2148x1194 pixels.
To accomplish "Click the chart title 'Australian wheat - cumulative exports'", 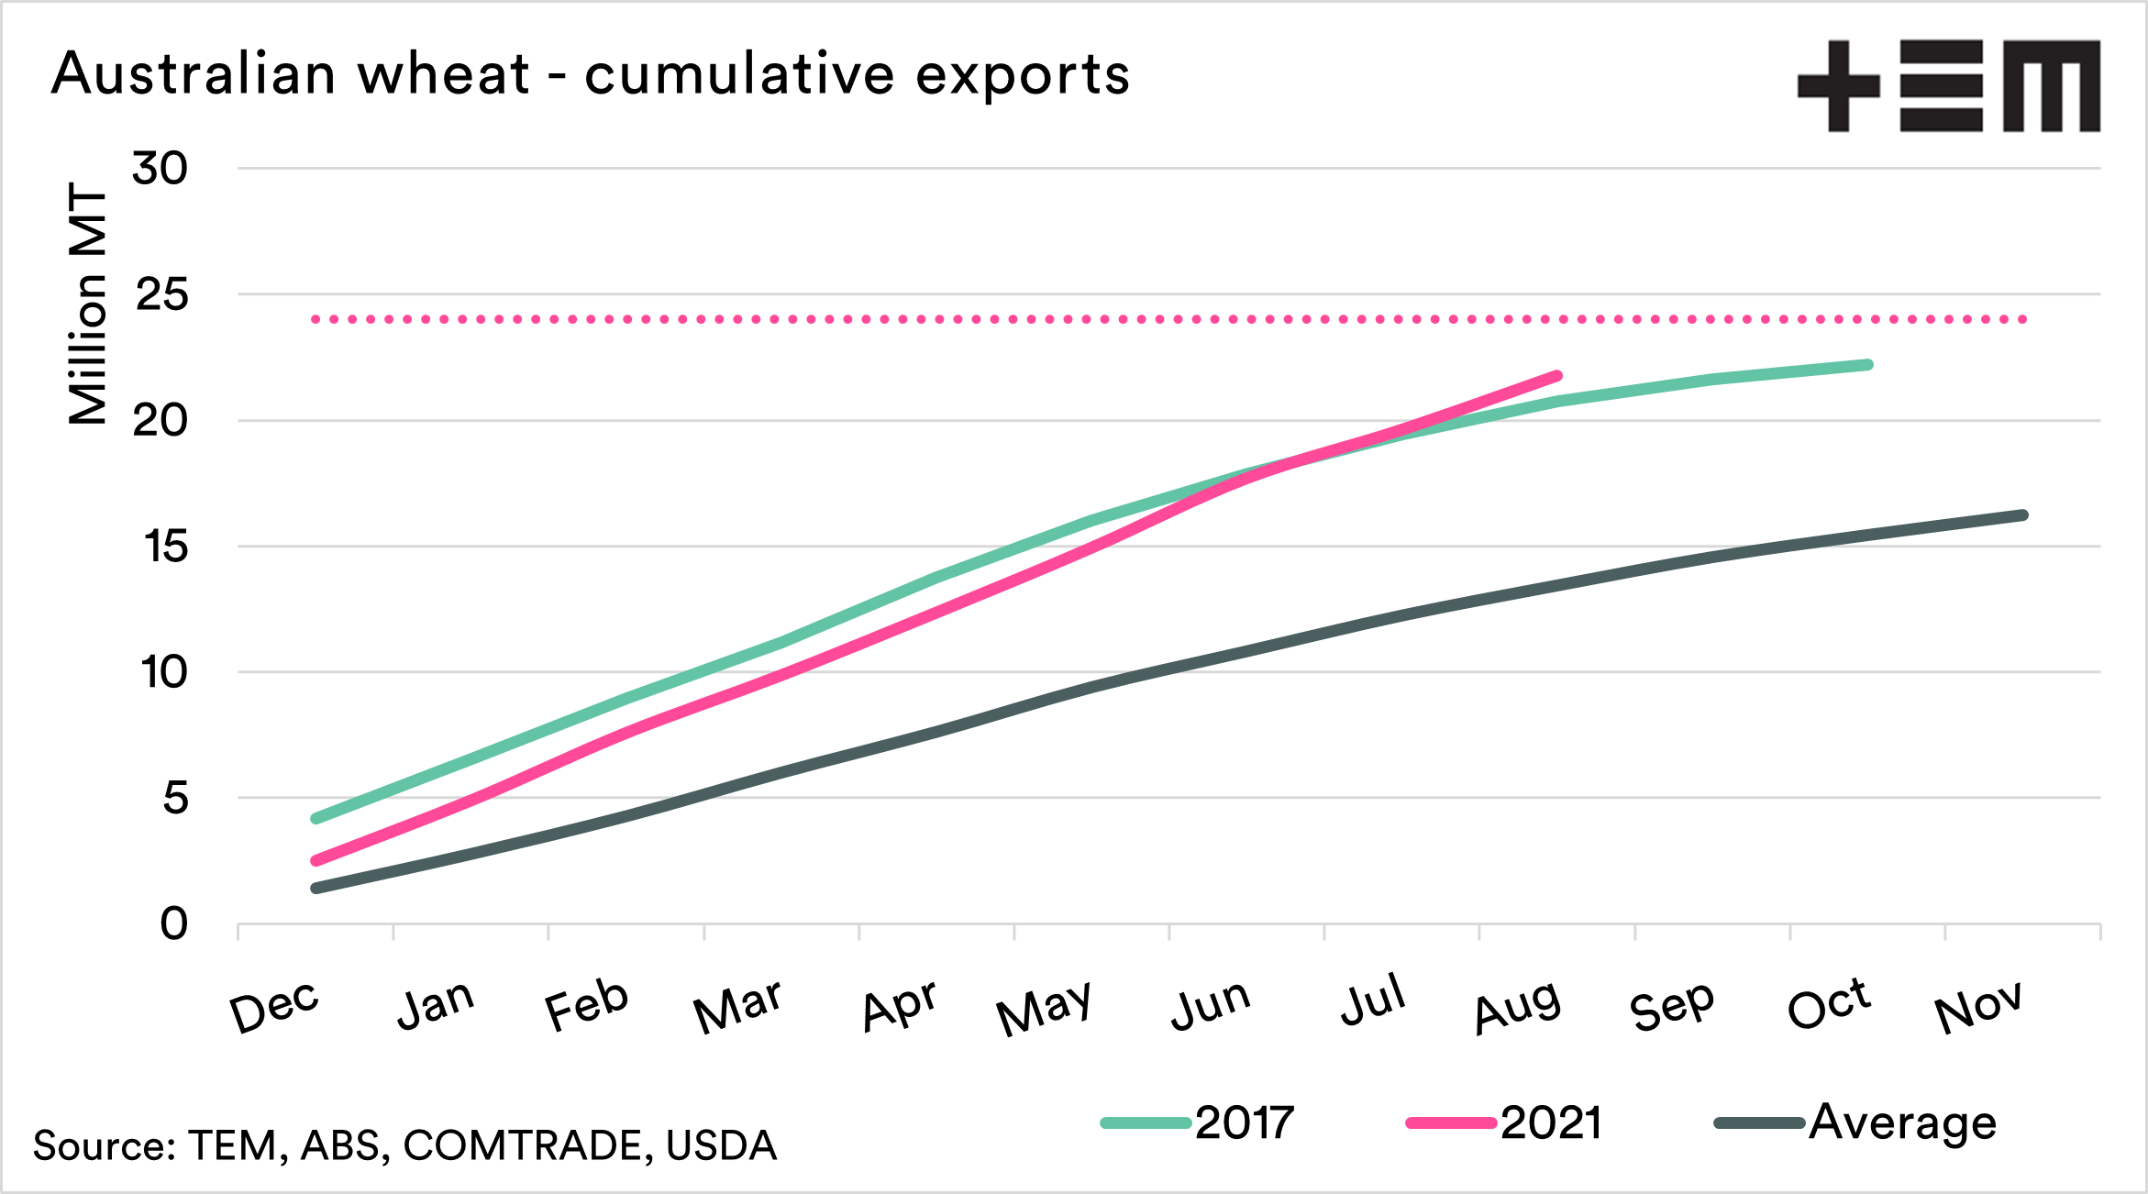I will pyautogui.click(x=591, y=73).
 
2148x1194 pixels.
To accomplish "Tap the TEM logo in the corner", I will pyautogui.click(x=1948, y=86).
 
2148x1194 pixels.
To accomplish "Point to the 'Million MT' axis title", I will pyautogui.click(x=89, y=304).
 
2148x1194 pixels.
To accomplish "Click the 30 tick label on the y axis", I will pyautogui.click(x=160, y=169).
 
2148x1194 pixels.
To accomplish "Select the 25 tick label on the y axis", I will pyautogui.click(x=161, y=295).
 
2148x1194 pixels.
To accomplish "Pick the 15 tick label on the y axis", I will pyautogui.click(x=165, y=547).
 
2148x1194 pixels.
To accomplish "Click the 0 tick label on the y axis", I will pyautogui.click(x=173, y=924).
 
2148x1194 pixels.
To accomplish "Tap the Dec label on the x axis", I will pyautogui.click(x=274, y=1006).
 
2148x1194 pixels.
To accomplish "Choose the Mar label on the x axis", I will pyautogui.click(x=738, y=1006).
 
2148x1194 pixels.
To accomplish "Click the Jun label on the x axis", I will pyautogui.click(x=1211, y=1004).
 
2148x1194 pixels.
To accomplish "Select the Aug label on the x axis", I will pyautogui.click(x=1517, y=1006).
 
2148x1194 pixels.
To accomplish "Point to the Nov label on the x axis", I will pyautogui.click(x=1977, y=1006).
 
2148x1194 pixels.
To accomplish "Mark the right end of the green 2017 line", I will pyautogui.click(x=1867, y=365).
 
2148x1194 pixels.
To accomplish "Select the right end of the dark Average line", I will pyautogui.click(x=2022, y=515).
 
